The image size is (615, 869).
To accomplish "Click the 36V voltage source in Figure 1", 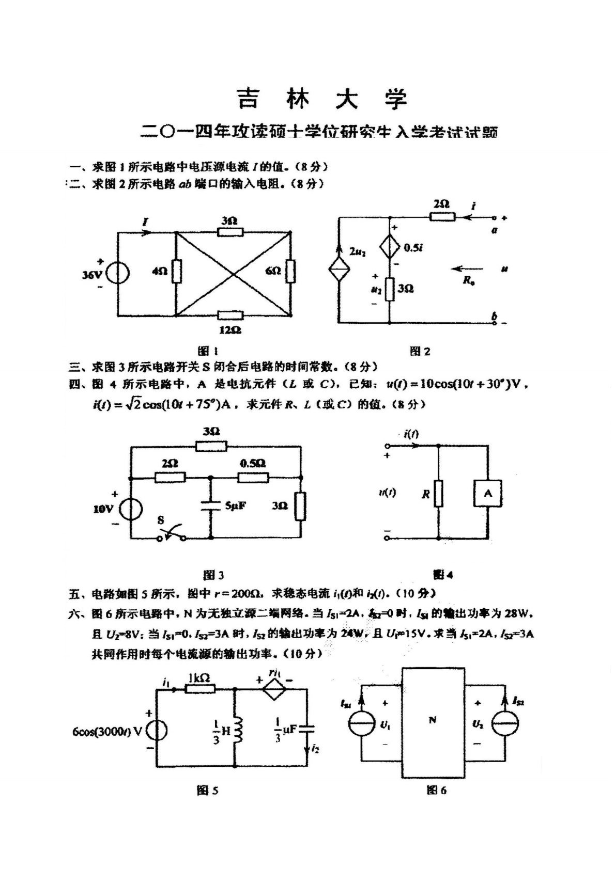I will [118, 273].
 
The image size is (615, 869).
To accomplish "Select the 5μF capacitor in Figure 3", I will [210, 505].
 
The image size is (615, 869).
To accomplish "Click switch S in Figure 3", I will [172, 534].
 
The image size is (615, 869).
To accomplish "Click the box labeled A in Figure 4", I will [487, 494].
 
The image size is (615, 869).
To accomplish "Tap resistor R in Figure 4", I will [438, 494].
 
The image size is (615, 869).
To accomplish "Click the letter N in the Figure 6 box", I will [433, 720].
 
